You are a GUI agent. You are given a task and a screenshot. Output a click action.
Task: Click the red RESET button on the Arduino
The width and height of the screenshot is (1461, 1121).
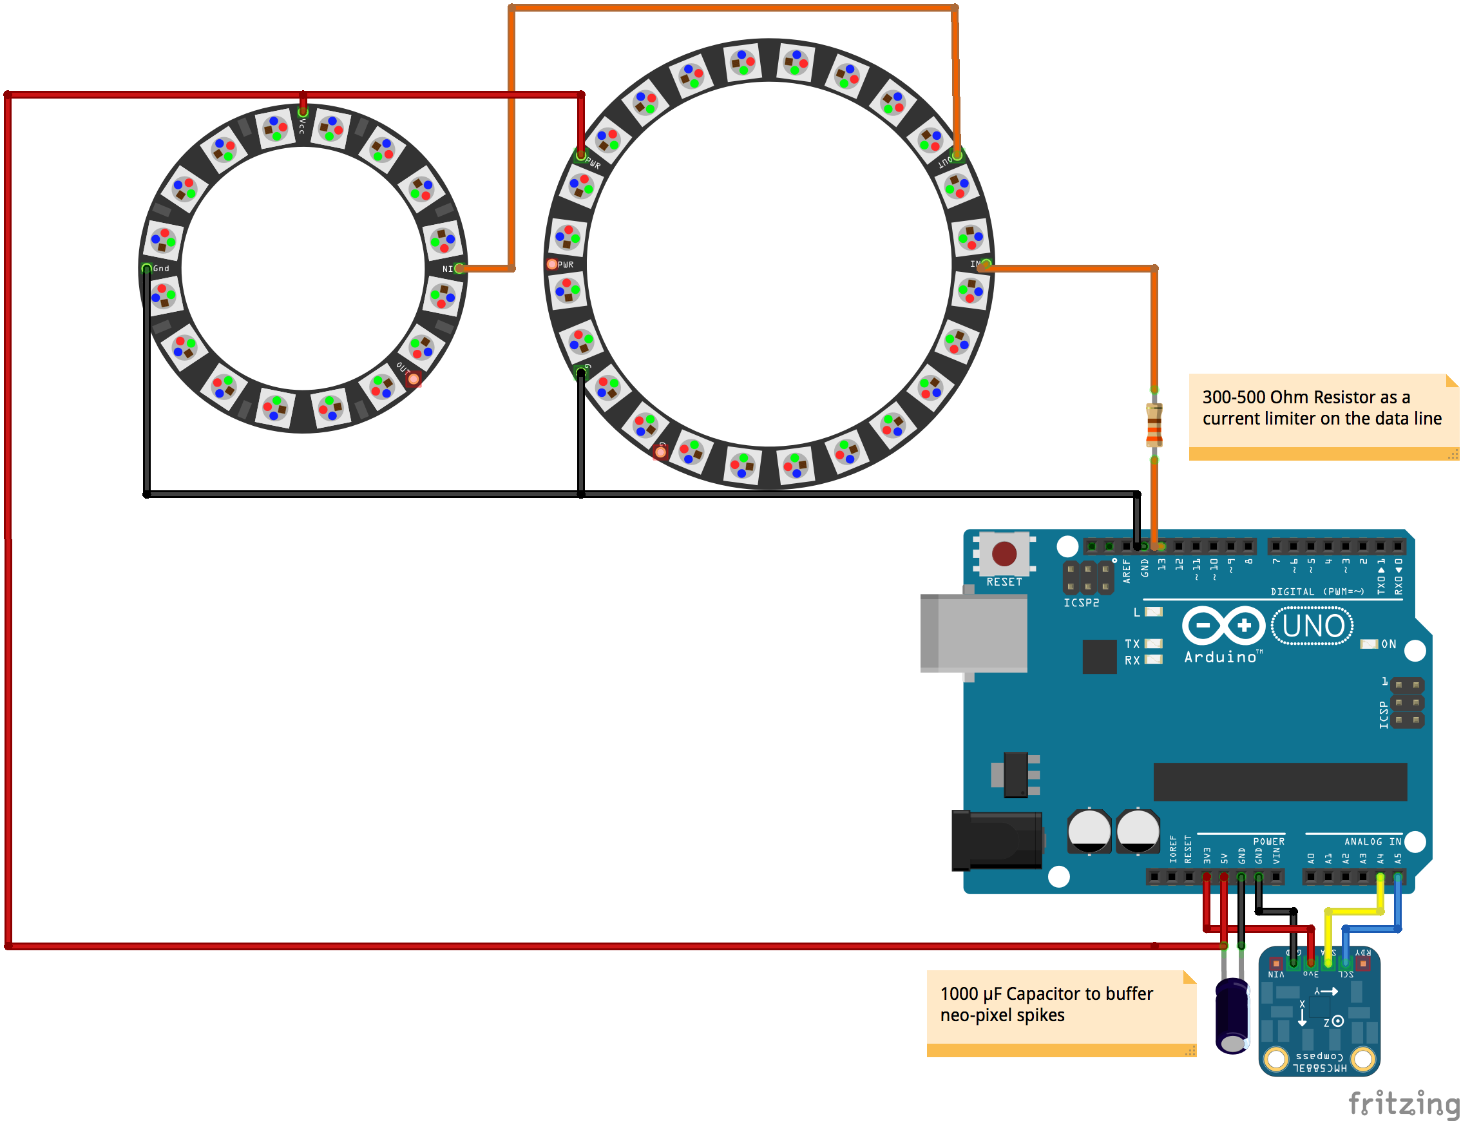tap(1004, 553)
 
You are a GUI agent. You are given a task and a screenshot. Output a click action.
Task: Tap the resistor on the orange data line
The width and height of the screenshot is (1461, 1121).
tap(1154, 425)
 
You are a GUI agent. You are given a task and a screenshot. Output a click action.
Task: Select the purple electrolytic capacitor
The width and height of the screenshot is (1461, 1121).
tap(1232, 1015)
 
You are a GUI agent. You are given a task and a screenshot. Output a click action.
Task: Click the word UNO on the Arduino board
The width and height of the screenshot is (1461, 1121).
tap(1313, 626)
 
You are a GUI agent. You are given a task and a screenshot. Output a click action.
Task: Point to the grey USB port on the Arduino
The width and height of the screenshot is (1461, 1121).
tap(974, 633)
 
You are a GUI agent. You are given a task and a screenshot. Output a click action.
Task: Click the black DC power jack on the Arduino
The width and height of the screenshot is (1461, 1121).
tap(997, 840)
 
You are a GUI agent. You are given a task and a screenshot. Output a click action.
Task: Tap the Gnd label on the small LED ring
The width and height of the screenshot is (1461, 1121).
tap(161, 268)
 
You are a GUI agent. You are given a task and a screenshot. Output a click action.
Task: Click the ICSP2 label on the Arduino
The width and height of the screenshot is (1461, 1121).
tap(1081, 602)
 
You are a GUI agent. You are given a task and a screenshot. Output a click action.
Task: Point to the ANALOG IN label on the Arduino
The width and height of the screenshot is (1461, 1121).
tap(1372, 841)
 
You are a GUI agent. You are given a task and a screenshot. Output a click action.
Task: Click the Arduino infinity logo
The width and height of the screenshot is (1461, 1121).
tap(1223, 626)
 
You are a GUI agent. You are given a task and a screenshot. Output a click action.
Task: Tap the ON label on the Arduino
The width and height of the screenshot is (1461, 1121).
tap(1388, 644)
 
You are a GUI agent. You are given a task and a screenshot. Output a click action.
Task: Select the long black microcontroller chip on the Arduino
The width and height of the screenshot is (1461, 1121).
tap(1279, 781)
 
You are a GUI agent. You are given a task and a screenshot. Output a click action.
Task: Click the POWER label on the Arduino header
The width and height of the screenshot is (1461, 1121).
tap(1268, 841)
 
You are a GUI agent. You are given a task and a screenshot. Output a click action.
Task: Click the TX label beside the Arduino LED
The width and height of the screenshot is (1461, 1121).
tap(1132, 644)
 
